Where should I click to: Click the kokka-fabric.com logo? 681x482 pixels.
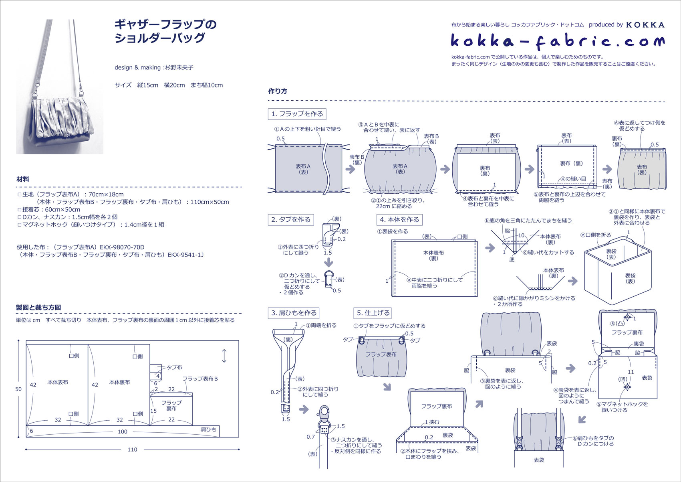point(558,41)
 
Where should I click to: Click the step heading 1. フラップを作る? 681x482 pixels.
point(297,114)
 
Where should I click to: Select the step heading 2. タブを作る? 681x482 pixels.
point(291,220)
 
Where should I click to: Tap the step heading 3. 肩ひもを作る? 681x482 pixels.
point(294,313)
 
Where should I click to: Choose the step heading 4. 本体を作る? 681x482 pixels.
point(399,220)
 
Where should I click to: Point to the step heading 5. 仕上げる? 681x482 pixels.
point(373,313)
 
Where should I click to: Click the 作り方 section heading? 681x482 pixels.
point(278,91)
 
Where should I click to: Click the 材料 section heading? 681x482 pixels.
point(23,179)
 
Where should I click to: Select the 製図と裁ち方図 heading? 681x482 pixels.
point(38,308)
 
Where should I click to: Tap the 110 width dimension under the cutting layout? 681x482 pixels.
point(132,450)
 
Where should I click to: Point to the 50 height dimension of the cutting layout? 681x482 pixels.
point(18,389)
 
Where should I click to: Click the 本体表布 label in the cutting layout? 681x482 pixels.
point(58,382)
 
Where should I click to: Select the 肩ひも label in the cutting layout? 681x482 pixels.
point(208,429)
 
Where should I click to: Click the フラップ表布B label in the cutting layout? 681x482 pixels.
point(200,379)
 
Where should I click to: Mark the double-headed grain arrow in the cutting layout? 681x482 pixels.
point(224,356)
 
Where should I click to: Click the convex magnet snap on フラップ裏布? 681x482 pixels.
point(627,318)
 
